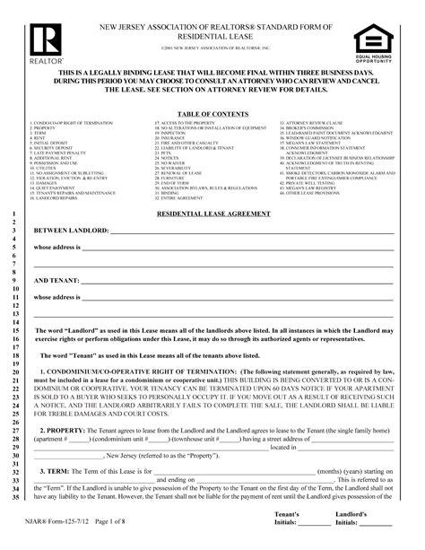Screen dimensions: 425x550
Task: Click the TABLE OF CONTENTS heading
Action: (x=213, y=113)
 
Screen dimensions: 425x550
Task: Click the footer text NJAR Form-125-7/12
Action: (x=64, y=535)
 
